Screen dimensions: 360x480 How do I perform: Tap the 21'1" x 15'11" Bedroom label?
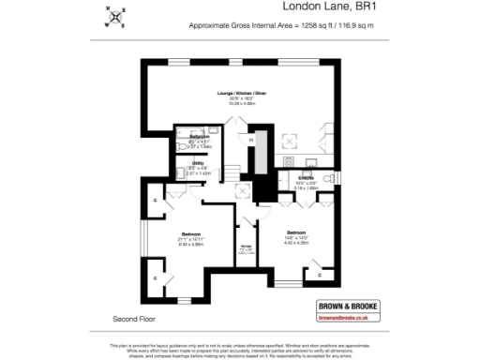click(x=197, y=235)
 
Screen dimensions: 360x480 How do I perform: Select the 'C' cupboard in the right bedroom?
click(x=321, y=275)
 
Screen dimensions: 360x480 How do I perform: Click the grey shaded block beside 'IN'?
click(x=264, y=164)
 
